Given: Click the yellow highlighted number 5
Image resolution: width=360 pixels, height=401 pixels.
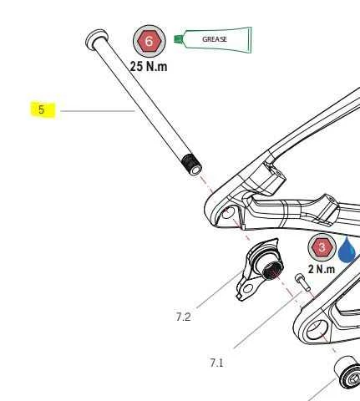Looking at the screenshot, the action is click(43, 109).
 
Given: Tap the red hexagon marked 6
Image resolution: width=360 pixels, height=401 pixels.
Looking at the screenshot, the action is click(150, 41).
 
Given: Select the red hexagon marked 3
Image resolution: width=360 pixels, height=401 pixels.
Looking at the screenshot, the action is click(322, 247).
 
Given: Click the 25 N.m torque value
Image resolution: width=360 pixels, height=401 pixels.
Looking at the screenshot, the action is click(149, 66).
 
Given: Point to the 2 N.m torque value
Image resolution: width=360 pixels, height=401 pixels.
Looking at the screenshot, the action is click(322, 269).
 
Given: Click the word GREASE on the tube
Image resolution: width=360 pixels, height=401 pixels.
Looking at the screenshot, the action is click(215, 39).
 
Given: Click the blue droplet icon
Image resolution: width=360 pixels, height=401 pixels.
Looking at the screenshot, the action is click(347, 250).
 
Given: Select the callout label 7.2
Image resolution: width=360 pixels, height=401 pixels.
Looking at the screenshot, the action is click(183, 317).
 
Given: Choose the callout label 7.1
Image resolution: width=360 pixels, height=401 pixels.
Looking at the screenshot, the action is click(216, 363).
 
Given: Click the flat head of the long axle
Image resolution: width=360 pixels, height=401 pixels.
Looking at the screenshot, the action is click(96, 38).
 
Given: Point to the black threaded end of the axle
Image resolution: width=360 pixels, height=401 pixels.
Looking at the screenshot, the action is click(191, 165).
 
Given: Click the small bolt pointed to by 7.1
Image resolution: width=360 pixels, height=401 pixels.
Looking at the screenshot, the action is click(302, 282).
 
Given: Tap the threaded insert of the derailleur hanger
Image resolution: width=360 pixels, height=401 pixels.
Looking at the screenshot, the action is click(271, 268).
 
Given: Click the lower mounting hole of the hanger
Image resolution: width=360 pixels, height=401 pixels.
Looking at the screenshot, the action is click(247, 289).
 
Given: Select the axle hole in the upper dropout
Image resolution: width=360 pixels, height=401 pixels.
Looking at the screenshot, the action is click(228, 213).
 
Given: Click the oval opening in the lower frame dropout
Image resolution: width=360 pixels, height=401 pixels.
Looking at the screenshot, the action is click(316, 329).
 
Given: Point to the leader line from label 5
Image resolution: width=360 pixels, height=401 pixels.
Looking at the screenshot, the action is click(98, 111).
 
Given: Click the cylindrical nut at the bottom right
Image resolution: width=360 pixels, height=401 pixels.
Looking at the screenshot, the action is click(347, 373).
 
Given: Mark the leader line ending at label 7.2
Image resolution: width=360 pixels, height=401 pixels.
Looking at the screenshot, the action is click(219, 289).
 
